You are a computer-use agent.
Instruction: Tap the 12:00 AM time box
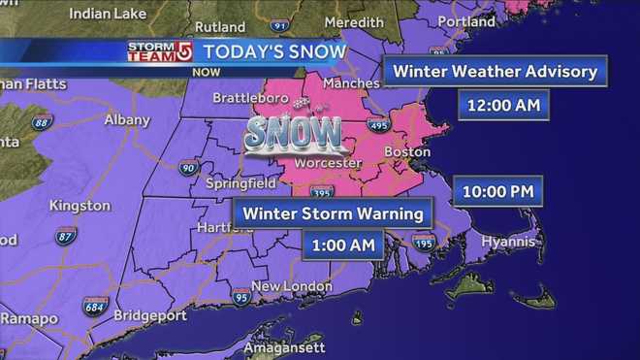tap(494, 104)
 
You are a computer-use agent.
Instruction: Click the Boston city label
tap(406, 152)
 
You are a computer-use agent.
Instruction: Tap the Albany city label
tap(126, 120)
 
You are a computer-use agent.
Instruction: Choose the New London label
tap(291, 286)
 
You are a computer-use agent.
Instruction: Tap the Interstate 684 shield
tap(94, 307)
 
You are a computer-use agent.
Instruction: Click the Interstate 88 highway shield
tap(41, 122)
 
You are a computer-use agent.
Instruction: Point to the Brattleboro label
tap(240, 100)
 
